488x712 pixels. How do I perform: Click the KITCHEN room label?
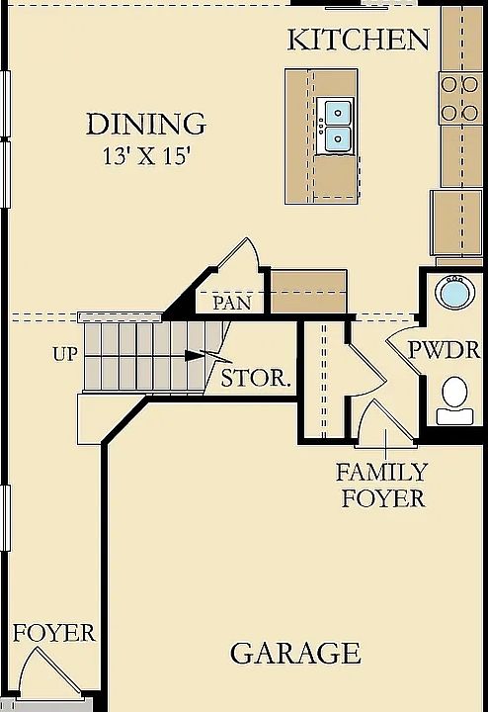click(359, 40)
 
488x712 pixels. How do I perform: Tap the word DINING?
click(146, 124)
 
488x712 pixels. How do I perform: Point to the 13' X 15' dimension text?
click(146, 156)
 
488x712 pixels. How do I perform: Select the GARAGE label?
click(295, 653)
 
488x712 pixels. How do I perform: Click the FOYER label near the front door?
click(54, 633)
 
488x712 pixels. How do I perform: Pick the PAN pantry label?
click(232, 303)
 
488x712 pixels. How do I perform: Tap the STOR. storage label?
click(256, 378)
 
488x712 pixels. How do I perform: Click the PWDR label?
click(444, 350)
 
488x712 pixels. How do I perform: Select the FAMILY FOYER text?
click(382, 485)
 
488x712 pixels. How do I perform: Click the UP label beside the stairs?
click(66, 354)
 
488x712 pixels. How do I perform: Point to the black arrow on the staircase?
click(194, 356)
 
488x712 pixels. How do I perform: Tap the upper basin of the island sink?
click(338, 111)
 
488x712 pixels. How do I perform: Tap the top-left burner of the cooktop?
click(449, 84)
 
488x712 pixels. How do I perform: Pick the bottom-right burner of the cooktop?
click(470, 112)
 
